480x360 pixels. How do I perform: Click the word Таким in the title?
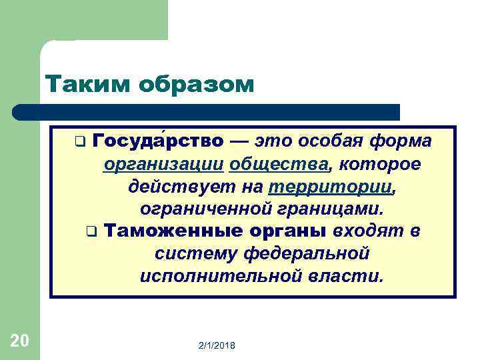83,85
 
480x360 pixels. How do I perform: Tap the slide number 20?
20,341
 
